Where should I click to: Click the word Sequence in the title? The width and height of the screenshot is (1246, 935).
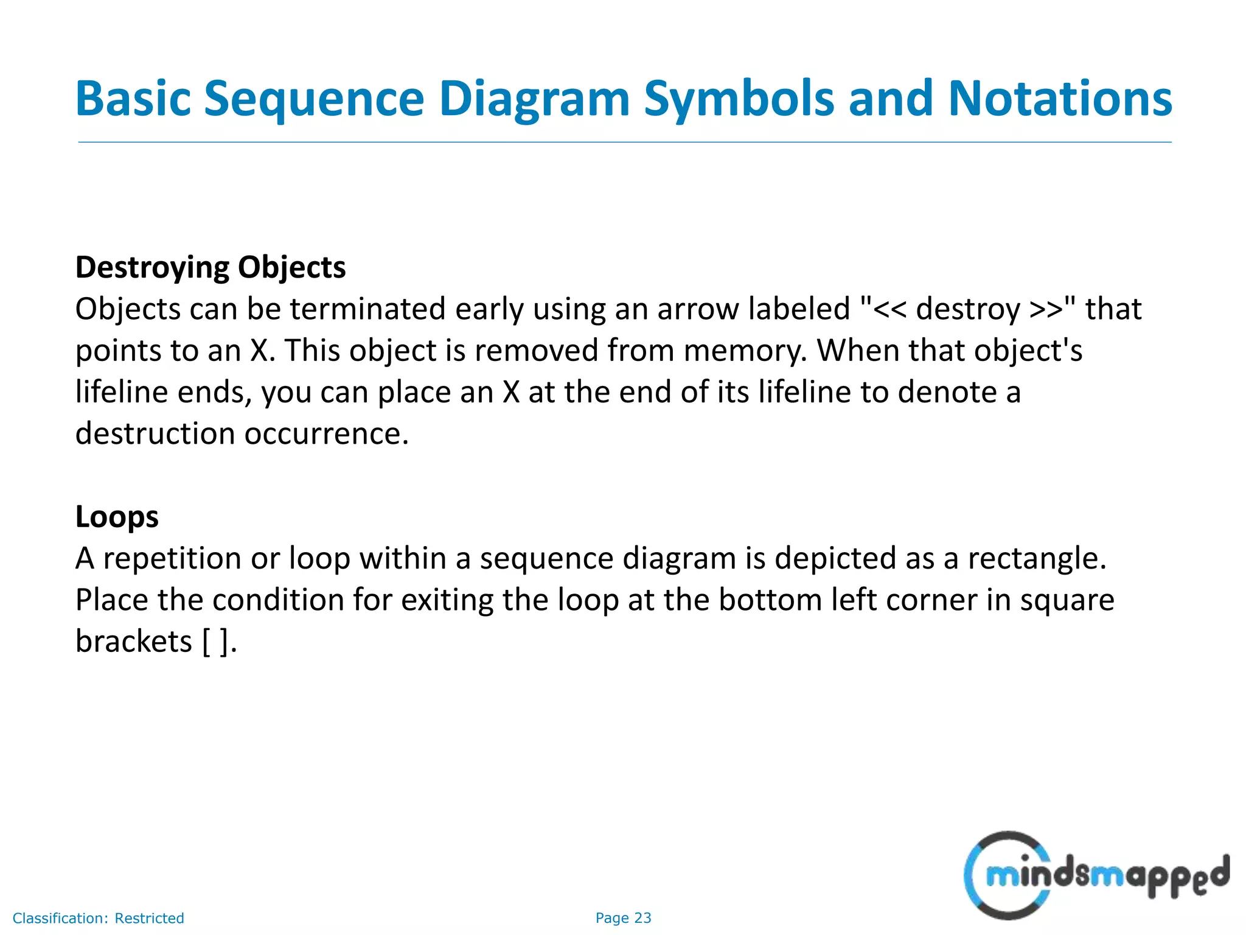[313, 99]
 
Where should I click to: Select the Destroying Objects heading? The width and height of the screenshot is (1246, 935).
[211, 267]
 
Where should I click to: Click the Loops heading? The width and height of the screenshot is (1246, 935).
[117, 517]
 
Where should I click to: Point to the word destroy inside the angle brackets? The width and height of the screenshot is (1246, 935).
[968, 309]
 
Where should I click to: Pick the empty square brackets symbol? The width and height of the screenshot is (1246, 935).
[215, 642]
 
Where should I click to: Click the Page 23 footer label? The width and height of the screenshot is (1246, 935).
[623, 918]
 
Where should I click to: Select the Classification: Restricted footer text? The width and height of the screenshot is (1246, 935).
[98, 918]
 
